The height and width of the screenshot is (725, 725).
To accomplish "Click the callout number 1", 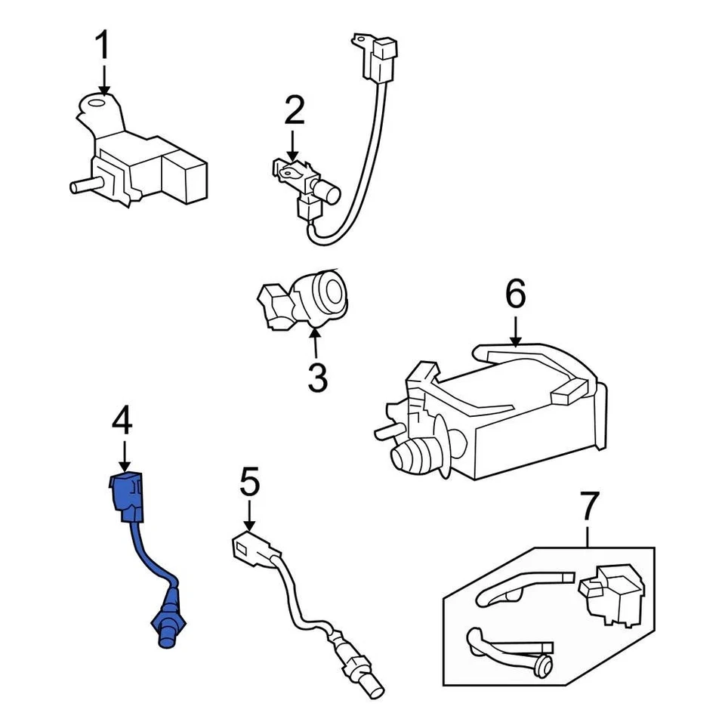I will pyautogui.click(x=101, y=46).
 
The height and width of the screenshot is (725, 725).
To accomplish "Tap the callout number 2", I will pyautogui.click(x=294, y=111).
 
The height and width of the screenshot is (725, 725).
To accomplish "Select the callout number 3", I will pyautogui.click(x=317, y=377).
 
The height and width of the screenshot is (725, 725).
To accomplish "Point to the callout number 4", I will pyautogui.click(x=122, y=421).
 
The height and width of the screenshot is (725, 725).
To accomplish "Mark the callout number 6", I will pyautogui.click(x=515, y=295).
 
